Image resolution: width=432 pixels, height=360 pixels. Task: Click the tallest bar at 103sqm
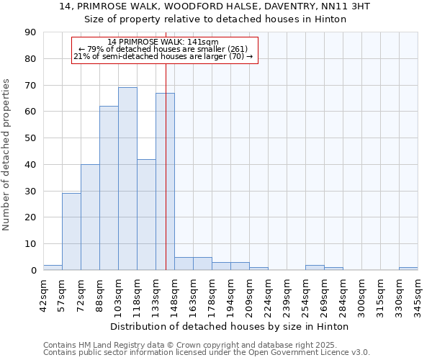[x=127, y=179]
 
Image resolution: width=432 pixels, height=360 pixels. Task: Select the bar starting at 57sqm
[x=71, y=232]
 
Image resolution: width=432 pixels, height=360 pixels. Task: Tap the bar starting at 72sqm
[x=90, y=217]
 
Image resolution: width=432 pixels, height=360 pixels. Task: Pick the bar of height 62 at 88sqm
[x=109, y=188]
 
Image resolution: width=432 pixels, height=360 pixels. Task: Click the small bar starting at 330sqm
[x=408, y=269]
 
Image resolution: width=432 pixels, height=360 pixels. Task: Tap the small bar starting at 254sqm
[x=315, y=268]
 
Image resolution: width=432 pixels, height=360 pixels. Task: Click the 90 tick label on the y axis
[x=30, y=32]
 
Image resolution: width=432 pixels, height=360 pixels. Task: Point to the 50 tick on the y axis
[x=30, y=138]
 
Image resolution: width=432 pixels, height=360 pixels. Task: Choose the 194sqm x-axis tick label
[x=230, y=295]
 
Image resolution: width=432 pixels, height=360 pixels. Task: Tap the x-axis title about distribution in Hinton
[x=230, y=327]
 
